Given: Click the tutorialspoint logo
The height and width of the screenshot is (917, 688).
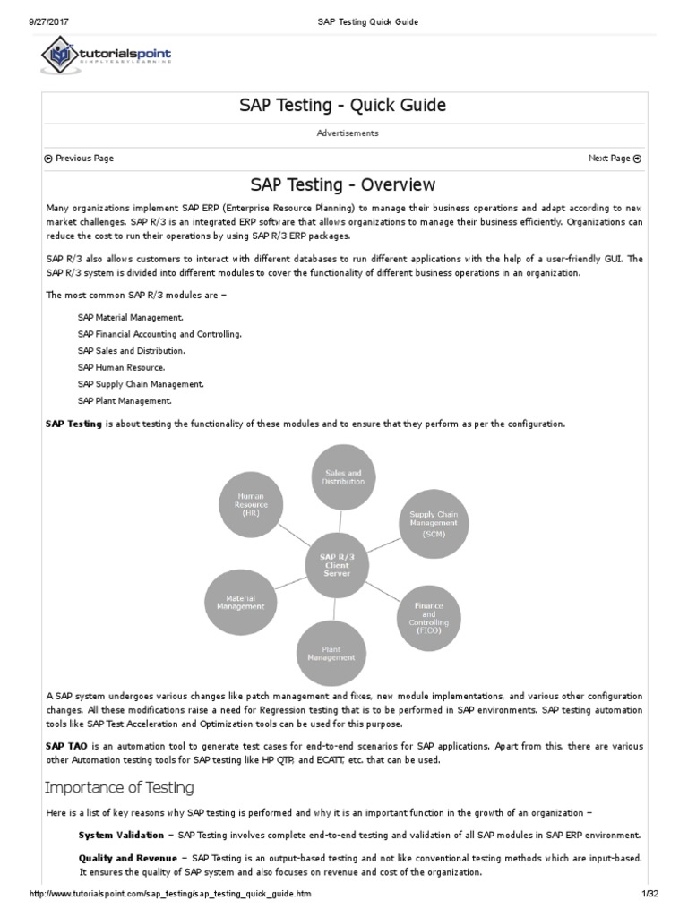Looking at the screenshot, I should (x=106, y=56).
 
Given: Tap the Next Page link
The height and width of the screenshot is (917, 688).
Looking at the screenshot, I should (x=615, y=159).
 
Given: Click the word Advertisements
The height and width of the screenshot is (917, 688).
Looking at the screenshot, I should (x=348, y=133).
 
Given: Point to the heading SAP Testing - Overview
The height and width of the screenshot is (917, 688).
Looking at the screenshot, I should (x=343, y=184).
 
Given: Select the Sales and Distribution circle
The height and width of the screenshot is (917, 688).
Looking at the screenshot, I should (x=343, y=476).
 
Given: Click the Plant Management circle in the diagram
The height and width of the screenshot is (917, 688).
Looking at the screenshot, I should (x=331, y=651).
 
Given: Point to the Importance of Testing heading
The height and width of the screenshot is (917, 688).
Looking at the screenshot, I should (x=119, y=788).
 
